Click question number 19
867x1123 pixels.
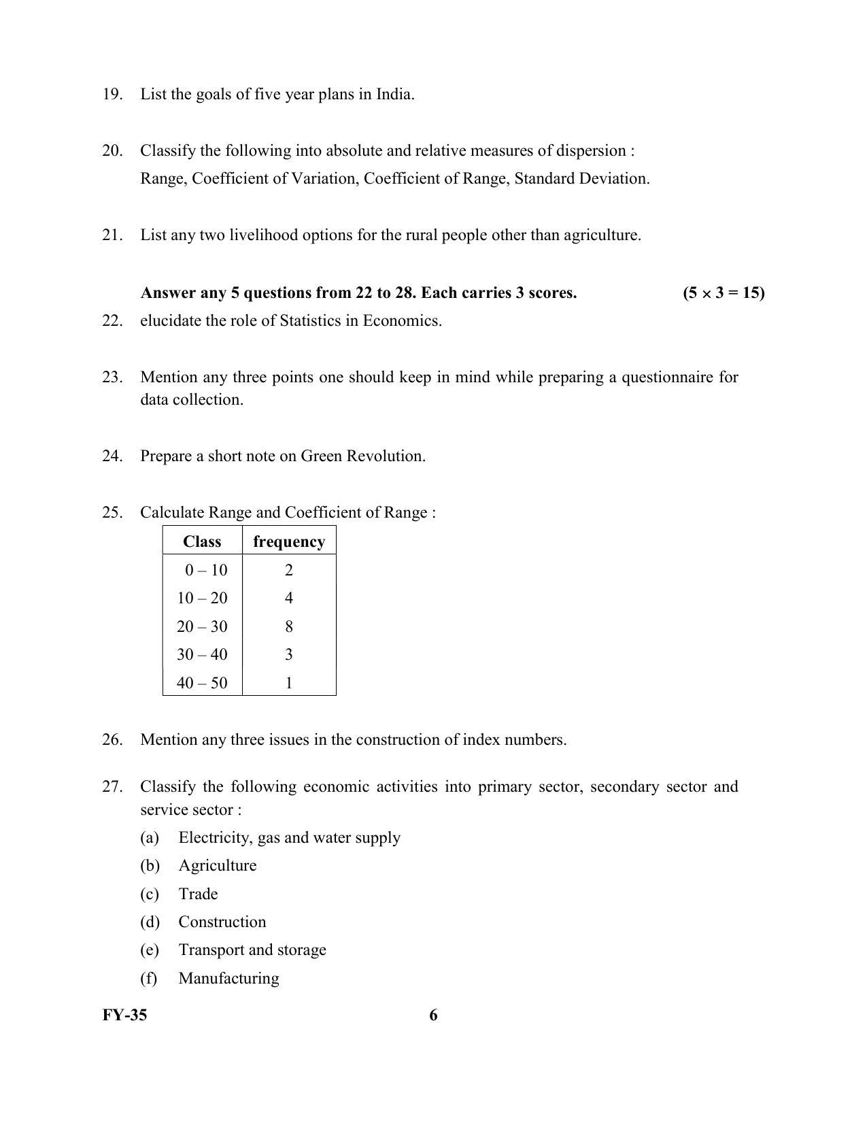112,95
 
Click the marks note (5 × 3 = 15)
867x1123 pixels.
724,293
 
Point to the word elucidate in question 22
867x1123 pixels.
171,321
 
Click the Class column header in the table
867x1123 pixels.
202,542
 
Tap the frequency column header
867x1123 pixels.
289,542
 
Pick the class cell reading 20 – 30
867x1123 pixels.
202,626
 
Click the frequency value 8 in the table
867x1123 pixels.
289,626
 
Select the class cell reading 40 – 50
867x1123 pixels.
202,683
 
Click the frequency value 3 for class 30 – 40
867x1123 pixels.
289,655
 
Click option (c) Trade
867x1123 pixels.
197,894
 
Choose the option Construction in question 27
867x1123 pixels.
222,922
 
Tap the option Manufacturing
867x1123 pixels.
228,979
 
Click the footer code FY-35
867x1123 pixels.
124,1016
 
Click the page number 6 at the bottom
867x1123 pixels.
433,1016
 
